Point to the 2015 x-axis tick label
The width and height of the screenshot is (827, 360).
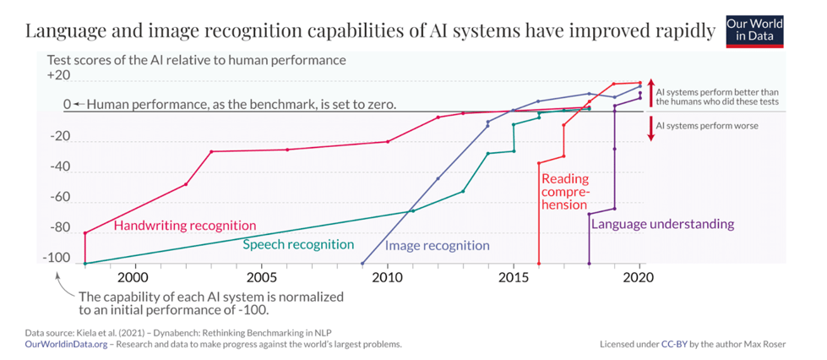[x=514, y=276]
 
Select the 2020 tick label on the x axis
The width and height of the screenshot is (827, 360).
[x=640, y=276]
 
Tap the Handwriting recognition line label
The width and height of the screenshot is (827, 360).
[x=184, y=226]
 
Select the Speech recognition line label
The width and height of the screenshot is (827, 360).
[x=298, y=244]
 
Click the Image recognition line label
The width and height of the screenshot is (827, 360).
[x=437, y=246]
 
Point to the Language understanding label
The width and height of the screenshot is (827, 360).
[x=662, y=224]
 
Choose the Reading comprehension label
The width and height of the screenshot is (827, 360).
[x=565, y=191]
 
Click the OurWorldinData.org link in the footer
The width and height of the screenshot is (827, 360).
[x=66, y=345]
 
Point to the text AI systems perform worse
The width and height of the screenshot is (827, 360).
[x=707, y=126]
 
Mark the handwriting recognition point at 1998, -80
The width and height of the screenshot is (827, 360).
[x=85, y=232]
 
